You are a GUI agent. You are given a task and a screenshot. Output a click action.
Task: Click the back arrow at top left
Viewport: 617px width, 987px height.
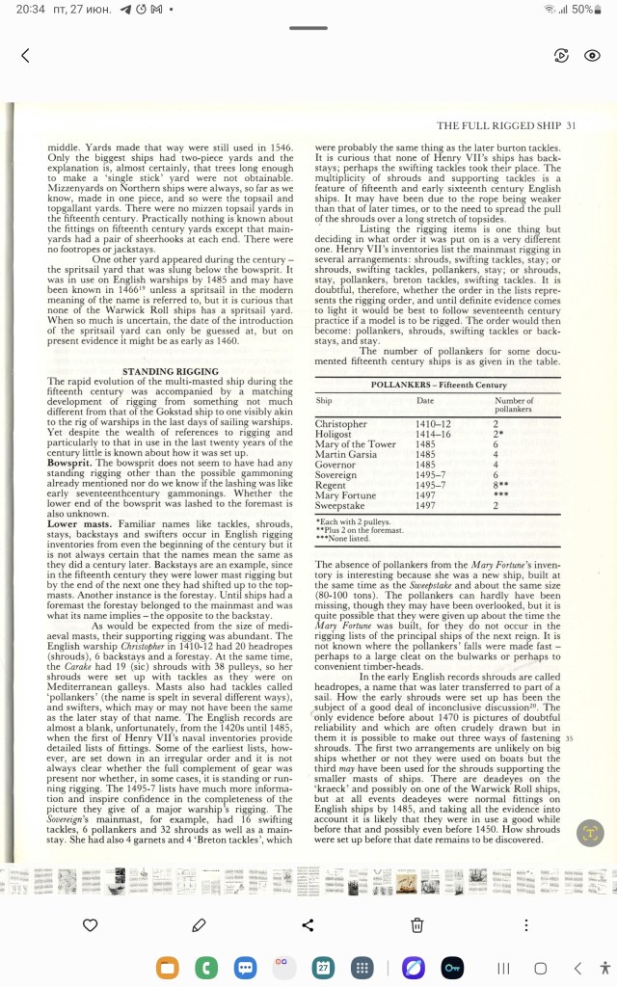click(x=25, y=56)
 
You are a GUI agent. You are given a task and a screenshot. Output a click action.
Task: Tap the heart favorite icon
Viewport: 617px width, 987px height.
click(x=91, y=925)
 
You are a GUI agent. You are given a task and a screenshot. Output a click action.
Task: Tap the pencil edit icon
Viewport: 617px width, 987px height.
click(x=200, y=925)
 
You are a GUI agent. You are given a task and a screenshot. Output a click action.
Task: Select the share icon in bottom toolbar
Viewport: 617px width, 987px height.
click(x=308, y=925)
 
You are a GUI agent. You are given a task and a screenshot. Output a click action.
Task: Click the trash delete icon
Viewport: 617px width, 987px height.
click(x=416, y=925)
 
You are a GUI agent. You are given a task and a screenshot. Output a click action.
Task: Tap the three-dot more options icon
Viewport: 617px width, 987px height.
click(x=525, y=925)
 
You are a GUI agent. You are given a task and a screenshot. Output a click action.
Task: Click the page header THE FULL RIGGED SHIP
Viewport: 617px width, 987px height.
click(x=499, y=125)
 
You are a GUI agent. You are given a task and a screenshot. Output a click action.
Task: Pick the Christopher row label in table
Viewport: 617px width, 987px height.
click(x=340, y=424)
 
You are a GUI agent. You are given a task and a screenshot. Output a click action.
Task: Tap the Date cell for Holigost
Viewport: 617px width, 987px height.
click(x=432, y=434)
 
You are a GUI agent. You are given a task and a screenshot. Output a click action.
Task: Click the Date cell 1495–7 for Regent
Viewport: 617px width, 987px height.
click(x=430, y=485)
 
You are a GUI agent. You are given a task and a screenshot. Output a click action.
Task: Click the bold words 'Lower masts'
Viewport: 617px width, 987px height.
click(x=81, y=523)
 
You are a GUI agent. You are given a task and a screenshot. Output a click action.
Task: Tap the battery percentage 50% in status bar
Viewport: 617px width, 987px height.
click(x=582, y=9)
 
